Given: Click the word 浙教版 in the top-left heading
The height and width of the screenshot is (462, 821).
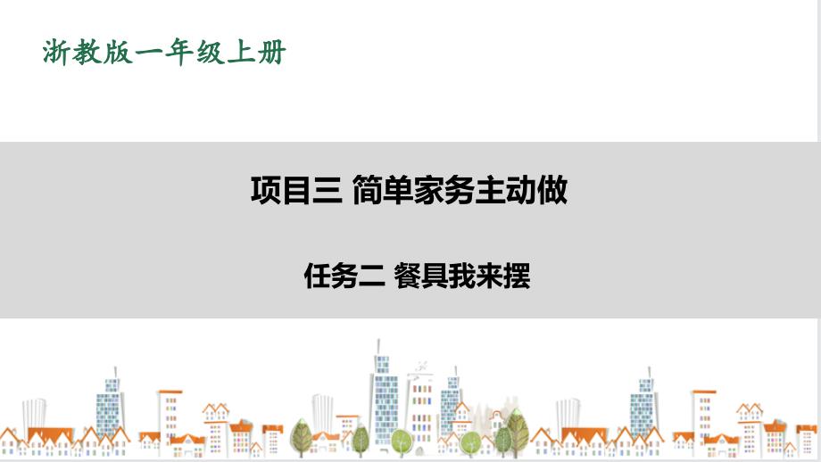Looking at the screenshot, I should (87, 53).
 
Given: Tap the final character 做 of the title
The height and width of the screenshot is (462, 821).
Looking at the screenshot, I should (552, 191).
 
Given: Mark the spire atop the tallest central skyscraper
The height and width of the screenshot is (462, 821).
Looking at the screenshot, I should (378, 346).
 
